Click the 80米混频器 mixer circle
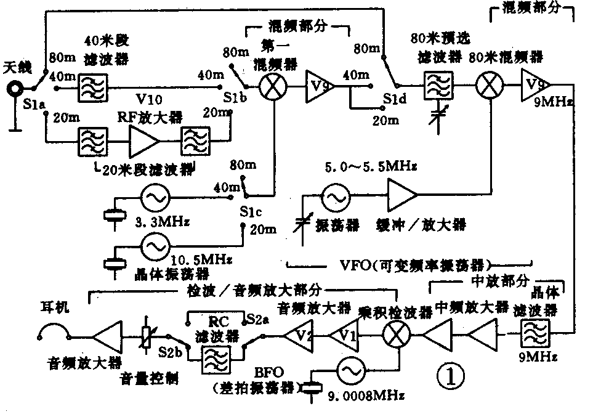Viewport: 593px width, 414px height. (491, 86)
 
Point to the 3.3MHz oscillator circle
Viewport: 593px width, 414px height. (151, 198)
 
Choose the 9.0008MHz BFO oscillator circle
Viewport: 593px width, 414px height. (349, 372)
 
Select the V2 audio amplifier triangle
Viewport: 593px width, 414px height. (297, 336)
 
